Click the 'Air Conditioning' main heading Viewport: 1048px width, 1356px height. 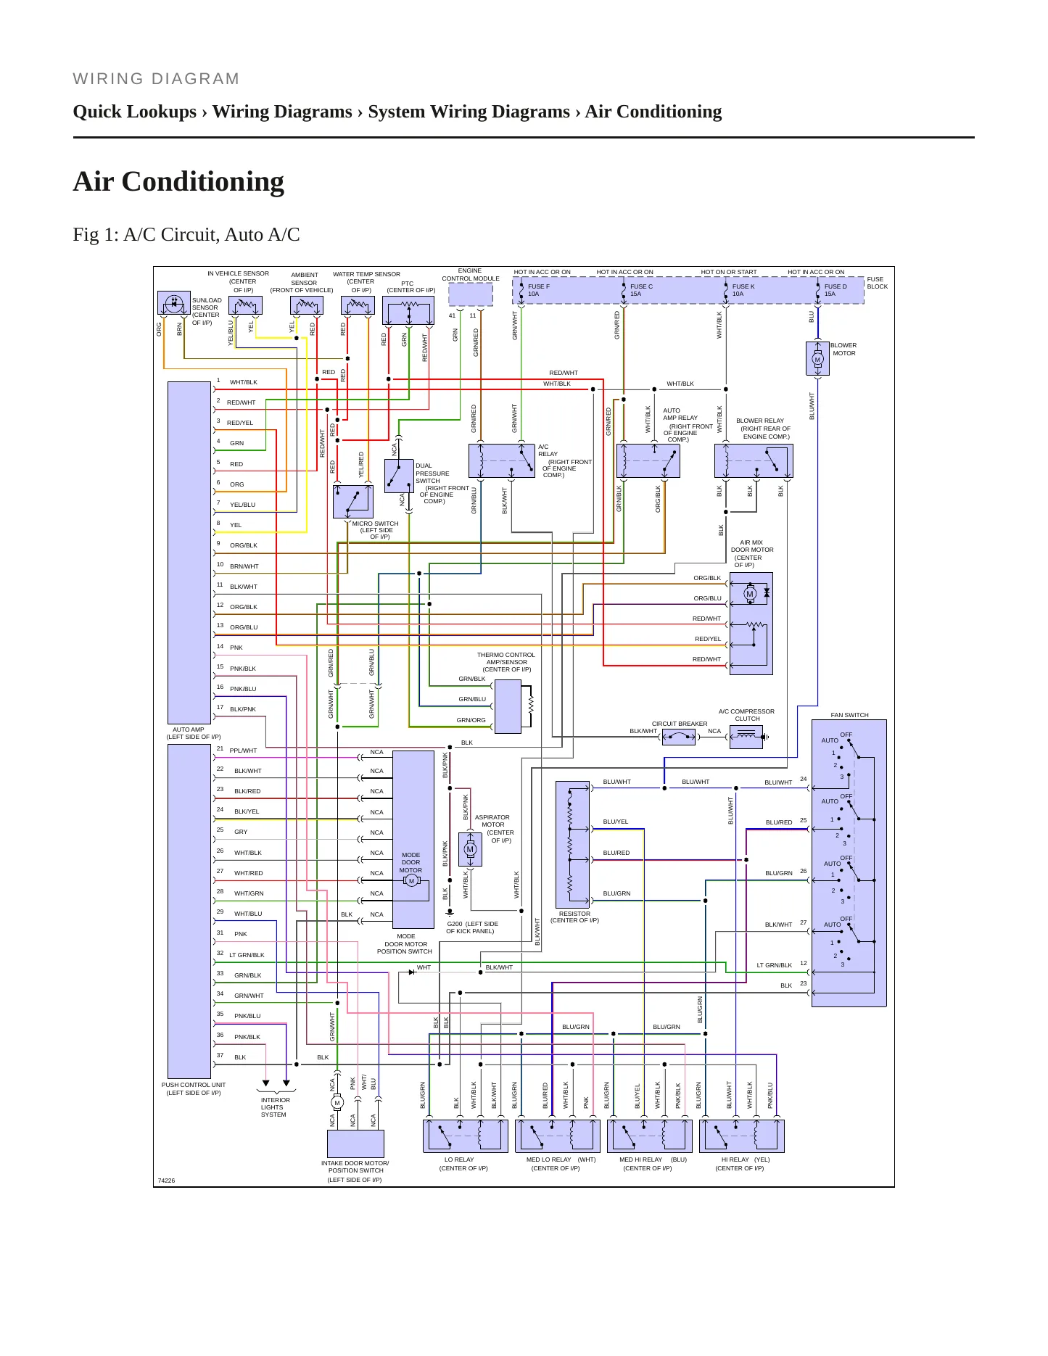click(x=178, y=182)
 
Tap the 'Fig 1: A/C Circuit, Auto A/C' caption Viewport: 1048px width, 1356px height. click(x=186, y=235)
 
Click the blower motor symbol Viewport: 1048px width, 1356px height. click(x=817, y=359)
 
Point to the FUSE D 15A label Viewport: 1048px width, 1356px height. click(x=835, y=290)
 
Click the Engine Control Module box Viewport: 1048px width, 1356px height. click(x=471, y=294)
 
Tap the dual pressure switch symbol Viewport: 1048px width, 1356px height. click(x=399, y=476)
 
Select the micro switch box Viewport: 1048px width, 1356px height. click(x=353, y=502)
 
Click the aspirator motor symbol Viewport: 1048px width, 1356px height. click(x=470, y=849)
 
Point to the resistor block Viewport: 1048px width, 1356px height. click(x=573, y=844)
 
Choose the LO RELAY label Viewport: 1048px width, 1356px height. click(x=459, y=1159)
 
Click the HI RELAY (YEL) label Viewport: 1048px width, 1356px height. click(x=746, y=1159)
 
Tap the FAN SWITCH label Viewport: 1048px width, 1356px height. click(x=849, y=715)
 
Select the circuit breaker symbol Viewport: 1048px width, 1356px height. click(x=679, y=737)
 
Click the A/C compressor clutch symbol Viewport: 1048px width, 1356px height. click(x=747, y=737)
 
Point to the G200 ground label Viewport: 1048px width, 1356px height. click(x=472, y=927)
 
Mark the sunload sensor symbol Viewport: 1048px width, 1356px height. click(x=174, y=303)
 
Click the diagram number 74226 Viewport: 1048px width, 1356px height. click(x=166, y=1181)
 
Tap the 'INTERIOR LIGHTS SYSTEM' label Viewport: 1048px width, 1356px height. click(x=275, y=1107)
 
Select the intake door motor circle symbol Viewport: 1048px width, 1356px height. click(x=337, y=1103)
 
